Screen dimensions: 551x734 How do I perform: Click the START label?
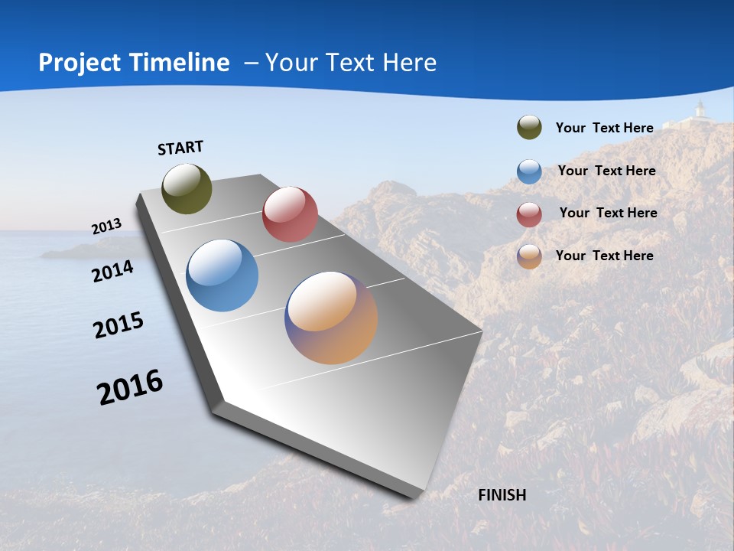point(180,148)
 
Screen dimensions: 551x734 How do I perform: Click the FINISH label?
point(502,495)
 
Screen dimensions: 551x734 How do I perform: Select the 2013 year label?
point(107,227)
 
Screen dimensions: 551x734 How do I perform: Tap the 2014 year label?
point(113,271)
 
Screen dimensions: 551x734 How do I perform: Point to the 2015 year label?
point(119,325)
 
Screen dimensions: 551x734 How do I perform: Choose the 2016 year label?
point(130,387)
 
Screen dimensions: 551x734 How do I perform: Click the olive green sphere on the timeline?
point(187,188)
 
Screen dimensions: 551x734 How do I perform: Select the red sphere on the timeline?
point(290,214)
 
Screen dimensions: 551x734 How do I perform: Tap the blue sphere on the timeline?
point(222,275)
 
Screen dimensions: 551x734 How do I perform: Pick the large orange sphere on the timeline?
point(331,318)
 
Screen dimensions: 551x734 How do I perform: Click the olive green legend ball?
point(529,128)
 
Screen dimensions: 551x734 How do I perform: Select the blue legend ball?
point(529,171)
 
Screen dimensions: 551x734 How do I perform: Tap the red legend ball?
point(529,214)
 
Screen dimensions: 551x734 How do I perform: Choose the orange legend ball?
point(529,256)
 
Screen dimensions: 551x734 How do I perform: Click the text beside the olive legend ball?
point(604,128)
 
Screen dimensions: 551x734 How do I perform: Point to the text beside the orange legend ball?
point(604,256)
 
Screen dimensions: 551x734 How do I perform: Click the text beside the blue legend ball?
point(606,171)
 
